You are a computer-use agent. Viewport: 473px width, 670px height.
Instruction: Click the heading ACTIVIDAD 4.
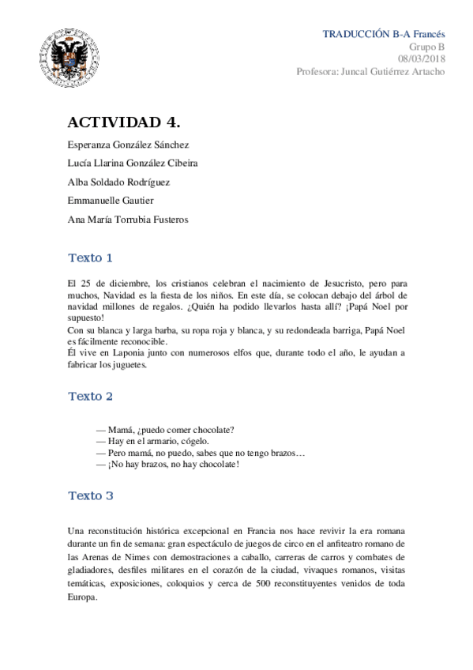point(124,122)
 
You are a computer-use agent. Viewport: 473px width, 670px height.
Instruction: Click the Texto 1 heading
point(91,258)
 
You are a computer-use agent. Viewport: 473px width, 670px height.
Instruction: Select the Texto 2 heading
point(91,395)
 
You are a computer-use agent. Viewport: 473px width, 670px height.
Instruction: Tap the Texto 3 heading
point(91,495)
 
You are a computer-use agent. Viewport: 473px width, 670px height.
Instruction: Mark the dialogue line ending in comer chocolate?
point(165,430)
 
